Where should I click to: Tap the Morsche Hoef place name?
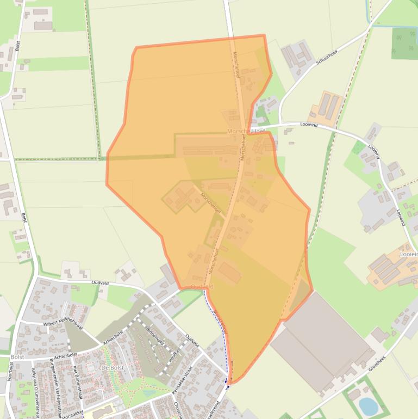tap(245, 132)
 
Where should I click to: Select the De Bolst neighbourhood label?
tap(113, 368)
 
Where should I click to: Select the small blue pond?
tap(368, 405)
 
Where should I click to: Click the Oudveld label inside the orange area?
tap(202, 286)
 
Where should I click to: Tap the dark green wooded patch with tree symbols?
tap(404, 43)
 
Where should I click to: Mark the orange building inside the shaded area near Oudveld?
tap(229, 272)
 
